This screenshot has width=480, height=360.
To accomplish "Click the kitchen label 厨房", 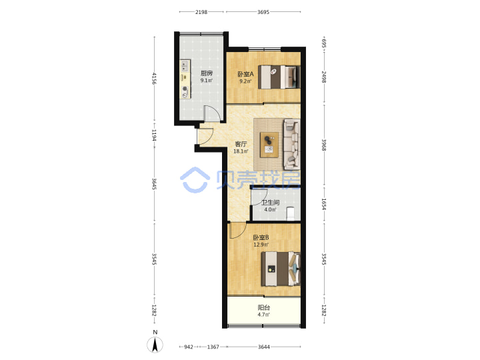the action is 207,73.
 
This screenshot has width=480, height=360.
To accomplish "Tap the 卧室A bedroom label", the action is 245,74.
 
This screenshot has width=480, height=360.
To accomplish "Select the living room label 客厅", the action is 241,143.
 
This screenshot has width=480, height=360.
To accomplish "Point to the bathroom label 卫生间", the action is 270,203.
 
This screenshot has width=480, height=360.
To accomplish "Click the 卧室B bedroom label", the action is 261,237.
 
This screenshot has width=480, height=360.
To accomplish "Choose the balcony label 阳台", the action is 263,307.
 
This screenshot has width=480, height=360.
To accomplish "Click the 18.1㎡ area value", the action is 241,151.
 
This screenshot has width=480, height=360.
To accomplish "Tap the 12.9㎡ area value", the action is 261,245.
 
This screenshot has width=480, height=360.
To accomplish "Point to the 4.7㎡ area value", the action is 263,315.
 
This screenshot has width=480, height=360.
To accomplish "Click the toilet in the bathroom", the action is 290,214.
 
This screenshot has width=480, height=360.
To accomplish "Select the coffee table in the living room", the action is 269,145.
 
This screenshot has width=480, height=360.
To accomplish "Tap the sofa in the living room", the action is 292,144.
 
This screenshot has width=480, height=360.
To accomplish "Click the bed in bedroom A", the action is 279,77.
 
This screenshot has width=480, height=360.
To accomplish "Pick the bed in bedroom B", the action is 281,269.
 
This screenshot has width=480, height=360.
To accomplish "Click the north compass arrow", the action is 155,345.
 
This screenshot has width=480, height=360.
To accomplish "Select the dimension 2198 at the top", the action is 201,12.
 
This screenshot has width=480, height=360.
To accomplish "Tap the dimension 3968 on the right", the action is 323,145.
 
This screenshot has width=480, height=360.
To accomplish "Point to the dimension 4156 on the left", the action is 154,79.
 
